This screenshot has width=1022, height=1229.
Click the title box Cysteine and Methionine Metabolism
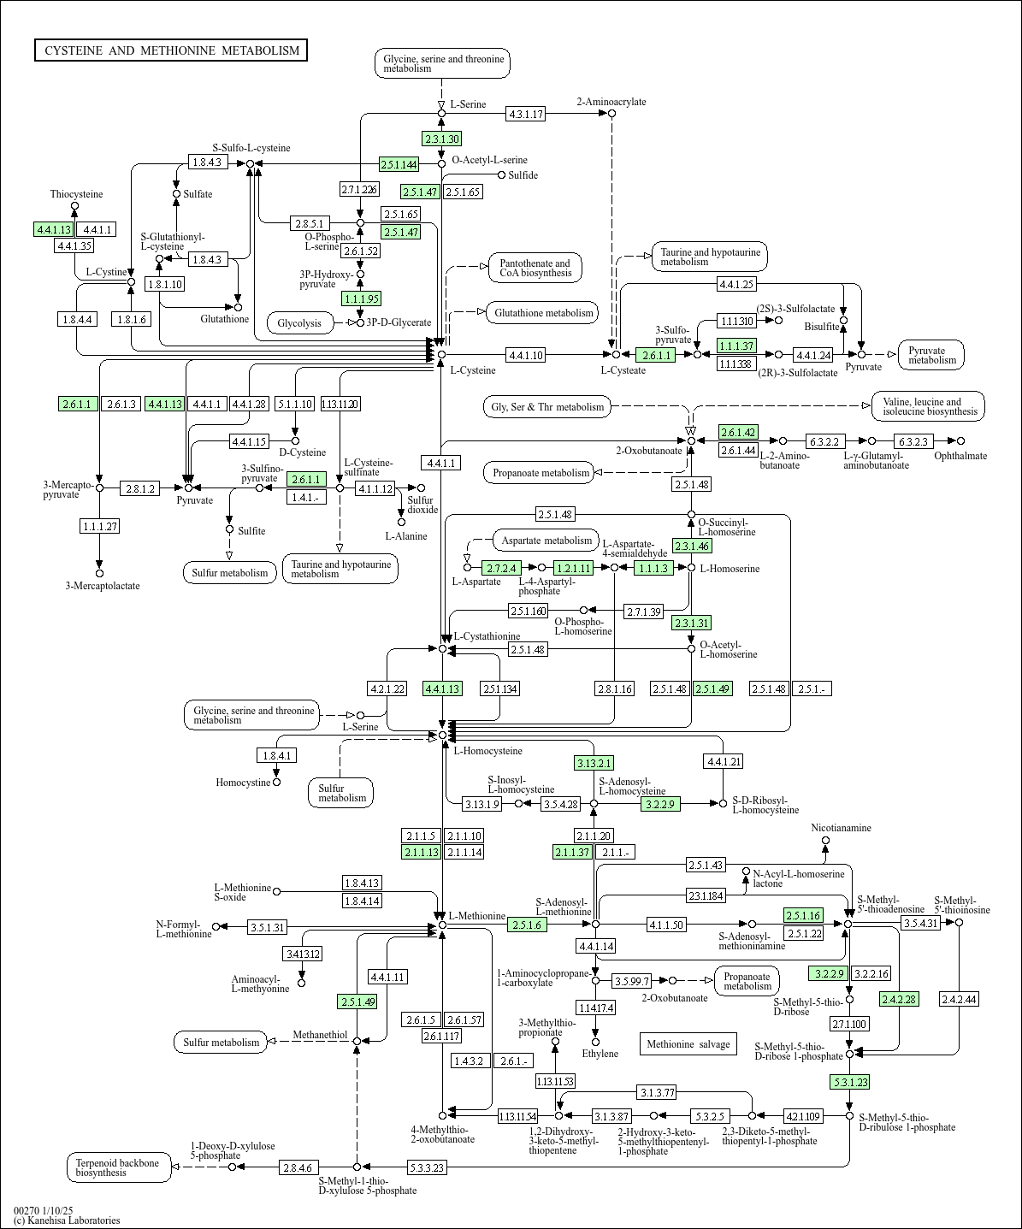click(x=171, y=50)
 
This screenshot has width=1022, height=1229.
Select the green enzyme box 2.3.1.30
click(x=441, y=139)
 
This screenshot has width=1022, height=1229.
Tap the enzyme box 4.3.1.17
click(x=525, y=114)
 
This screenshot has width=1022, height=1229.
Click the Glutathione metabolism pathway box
click(x=543, y=313)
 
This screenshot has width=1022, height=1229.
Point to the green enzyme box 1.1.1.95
click(x=360, y=298)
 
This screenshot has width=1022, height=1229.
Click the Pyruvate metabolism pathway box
click(x=931, y=355)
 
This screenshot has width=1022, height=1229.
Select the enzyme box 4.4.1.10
click(x=525, y=354)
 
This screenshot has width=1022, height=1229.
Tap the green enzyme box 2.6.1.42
click(x=738, y=432)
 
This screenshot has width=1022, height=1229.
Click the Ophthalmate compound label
click(x=960, y=456)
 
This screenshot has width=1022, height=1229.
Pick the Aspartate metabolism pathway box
click(x=546, y=541)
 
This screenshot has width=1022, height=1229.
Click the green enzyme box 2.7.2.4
click(x=501, y=567)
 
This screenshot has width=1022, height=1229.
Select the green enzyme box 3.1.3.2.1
click(x=594, y=763)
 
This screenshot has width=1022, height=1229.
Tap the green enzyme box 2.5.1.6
click(x=528, y=925)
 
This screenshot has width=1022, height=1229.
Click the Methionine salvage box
click(x=688, y=1043)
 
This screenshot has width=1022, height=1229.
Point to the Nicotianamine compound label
click(x=841, y=828)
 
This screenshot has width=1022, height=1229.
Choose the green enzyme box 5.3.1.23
click(x=849, y=1082)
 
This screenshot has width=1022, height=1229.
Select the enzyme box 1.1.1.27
click(x=99, y=526)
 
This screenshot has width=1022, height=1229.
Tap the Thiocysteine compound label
click(x=76, y=194)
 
